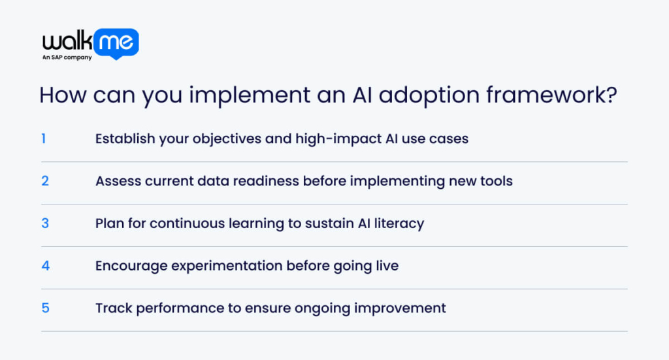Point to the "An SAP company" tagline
[67, 57]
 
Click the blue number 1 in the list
[44, 139]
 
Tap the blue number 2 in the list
[45, 181]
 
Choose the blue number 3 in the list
[45, 223]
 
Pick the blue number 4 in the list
[45, 266]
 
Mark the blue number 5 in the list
[45, 308]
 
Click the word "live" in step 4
[386, 266]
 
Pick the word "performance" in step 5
[171, 308]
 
